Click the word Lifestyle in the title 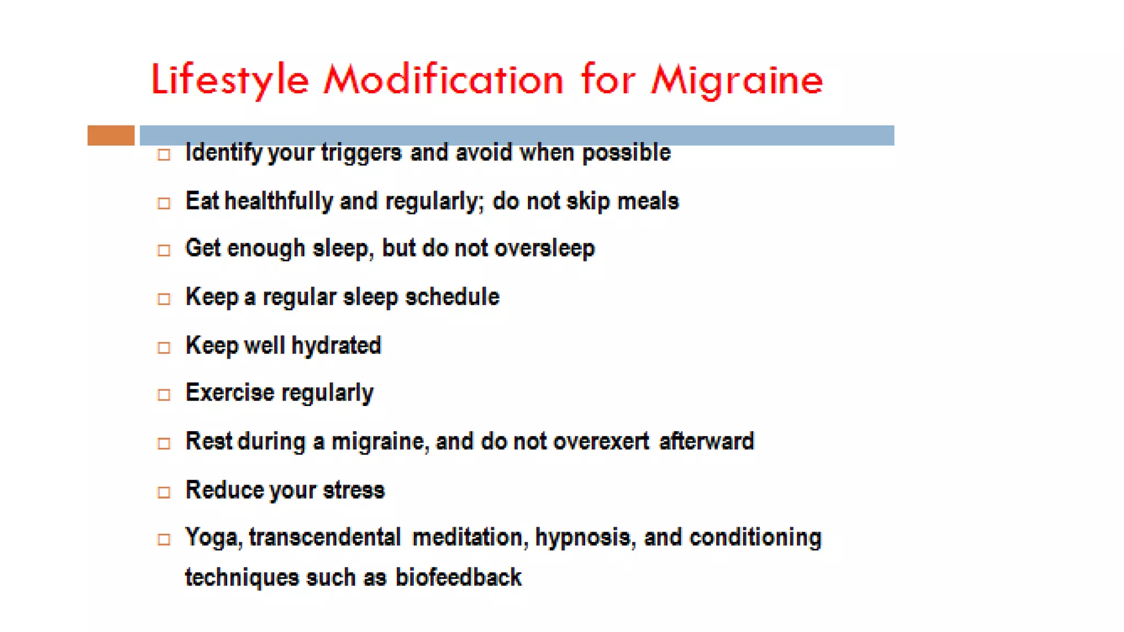click(x=230, y=80)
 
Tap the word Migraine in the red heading click(x=737, y=80)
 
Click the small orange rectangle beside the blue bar click(x=111, y=136)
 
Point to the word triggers click(x=361, y=153)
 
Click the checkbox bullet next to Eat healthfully click(x=164, y=204)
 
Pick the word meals click(x=648, y=201)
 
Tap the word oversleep click(x=544, y=249)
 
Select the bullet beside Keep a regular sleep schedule click(x=164, y=299)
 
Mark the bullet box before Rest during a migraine click(x=164, y=443)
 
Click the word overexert click(x=601, y=442)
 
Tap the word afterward click(x=706, y=442)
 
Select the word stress click(x=353, y=490)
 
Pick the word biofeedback click(x=458, y=578)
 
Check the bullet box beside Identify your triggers click(x=164, y=155)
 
